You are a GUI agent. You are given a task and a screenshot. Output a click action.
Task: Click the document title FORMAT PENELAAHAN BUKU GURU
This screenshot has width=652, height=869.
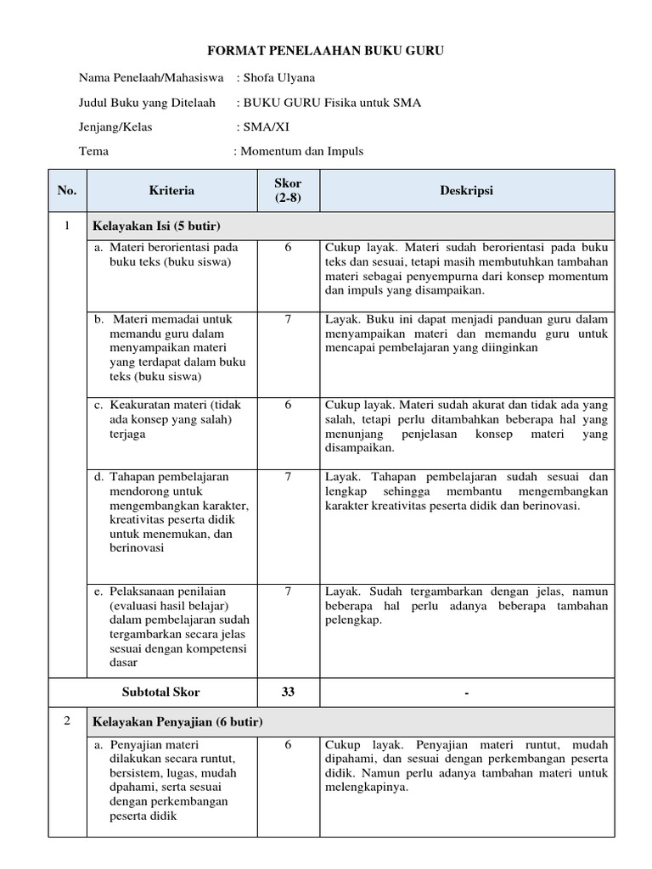pyautogui.click(x=327, y=53)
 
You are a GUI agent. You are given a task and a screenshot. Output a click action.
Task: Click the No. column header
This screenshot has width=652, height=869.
pyautogui.click(x=67, y=191)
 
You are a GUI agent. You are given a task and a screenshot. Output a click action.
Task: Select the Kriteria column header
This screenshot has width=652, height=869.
pyautogui.click(x=171, y=191)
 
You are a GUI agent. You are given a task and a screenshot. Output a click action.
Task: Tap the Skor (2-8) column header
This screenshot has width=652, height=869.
pyautogui.click(x=288, y=191)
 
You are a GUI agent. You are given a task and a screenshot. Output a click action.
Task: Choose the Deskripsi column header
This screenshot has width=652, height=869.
pyautogui.click(x=466, y=191)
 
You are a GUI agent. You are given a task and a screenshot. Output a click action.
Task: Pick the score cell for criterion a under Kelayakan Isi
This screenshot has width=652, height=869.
pyautogui.click(x=288, y=248)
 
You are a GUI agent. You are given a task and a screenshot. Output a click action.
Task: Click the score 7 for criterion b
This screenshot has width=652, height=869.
pyautogui.click(x=288, y=320)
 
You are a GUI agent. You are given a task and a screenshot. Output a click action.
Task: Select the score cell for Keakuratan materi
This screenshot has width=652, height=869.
pyautogui.click(x=288, y=405)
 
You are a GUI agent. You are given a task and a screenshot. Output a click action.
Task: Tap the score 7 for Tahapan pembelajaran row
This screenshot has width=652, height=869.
pyautogui.click(x=288, y=477)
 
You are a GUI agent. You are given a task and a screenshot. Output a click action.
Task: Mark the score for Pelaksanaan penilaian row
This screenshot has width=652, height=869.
pyautogui.click(x=288, y=590)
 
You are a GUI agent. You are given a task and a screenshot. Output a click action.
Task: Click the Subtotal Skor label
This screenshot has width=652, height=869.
pyautogui.click(x=161, y=692)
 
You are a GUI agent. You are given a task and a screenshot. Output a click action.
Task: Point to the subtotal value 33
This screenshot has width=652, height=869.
pyautogui.click(x=288, y=692)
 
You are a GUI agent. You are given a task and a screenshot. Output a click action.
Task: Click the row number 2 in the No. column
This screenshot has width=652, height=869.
pyautogui.click(x=67, y=721)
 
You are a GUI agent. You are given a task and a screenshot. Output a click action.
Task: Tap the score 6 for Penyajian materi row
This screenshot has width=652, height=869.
pyautogui.click(x=288, y=744)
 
